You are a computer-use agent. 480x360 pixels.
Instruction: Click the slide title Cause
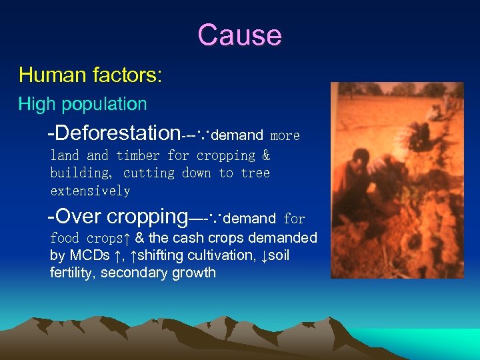[239, 35]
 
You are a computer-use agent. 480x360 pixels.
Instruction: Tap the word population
[107, 105]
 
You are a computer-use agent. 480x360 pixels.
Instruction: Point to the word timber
[138, 155]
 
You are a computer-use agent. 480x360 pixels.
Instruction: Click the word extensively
[90, 191]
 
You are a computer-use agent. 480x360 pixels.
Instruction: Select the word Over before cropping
[79, 217]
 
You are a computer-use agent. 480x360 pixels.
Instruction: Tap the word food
[65, 238]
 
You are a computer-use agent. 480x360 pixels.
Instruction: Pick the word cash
[193, 238]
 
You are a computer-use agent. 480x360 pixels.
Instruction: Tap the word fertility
[73, 273]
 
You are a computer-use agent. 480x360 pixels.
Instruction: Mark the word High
[33, 105]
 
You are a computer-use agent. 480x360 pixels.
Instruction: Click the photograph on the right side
[397, 180]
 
